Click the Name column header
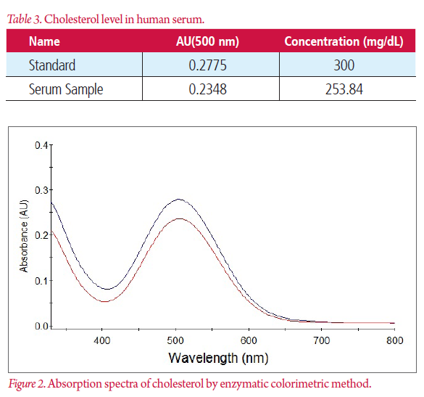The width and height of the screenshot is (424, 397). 44,41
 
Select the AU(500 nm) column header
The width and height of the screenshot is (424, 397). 210,41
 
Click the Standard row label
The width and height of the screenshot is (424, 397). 53,65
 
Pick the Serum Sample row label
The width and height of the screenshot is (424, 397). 66,89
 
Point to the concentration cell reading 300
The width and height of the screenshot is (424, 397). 344,65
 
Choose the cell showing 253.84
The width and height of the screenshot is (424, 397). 344,89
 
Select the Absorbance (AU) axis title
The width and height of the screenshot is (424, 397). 25,236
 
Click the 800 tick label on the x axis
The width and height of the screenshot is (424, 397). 394,338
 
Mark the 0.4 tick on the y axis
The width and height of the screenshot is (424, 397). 43,145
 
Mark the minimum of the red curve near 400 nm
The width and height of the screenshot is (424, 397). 105,300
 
